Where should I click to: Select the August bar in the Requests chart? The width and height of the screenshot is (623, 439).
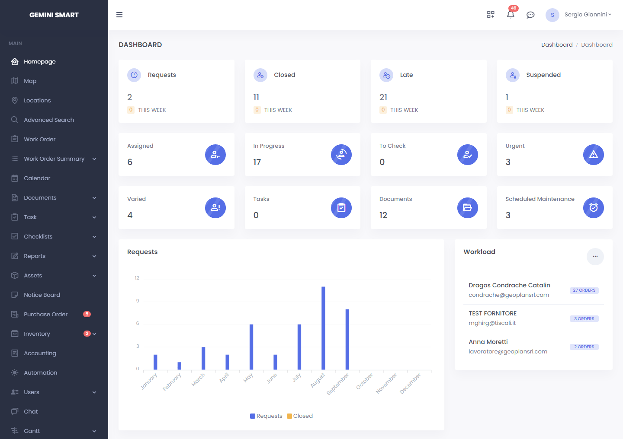point(323,328)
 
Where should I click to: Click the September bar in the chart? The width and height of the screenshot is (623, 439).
point(347,339)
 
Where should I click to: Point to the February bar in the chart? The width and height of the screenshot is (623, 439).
point(179,366)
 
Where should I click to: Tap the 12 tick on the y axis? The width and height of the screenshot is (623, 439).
point(137,278)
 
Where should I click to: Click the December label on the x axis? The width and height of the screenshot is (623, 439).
point(410,383)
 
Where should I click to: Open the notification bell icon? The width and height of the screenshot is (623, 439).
point(511,15)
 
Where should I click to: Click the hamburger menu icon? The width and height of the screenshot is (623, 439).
point(119,15)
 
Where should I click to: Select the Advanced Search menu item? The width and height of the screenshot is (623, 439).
point(48,120)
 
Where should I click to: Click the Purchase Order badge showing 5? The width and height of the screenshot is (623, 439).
point(87,314)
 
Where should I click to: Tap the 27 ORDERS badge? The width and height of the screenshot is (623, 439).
point(584,290)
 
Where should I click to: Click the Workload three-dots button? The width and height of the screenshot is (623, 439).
point(595,256)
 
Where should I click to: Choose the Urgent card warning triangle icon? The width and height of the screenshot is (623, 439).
point(593,155)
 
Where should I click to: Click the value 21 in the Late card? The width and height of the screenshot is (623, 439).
point(383,97)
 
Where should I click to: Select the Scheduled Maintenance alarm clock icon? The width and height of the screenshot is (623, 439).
point(593,208)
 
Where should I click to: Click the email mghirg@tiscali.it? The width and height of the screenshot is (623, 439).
point(492,323)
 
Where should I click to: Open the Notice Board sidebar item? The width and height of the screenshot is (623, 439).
point(42,295)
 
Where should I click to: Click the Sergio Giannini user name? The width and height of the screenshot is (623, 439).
point(585,15)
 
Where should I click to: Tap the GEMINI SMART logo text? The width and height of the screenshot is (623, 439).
point(54,15)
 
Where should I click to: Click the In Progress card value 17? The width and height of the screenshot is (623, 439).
point(257,162)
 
